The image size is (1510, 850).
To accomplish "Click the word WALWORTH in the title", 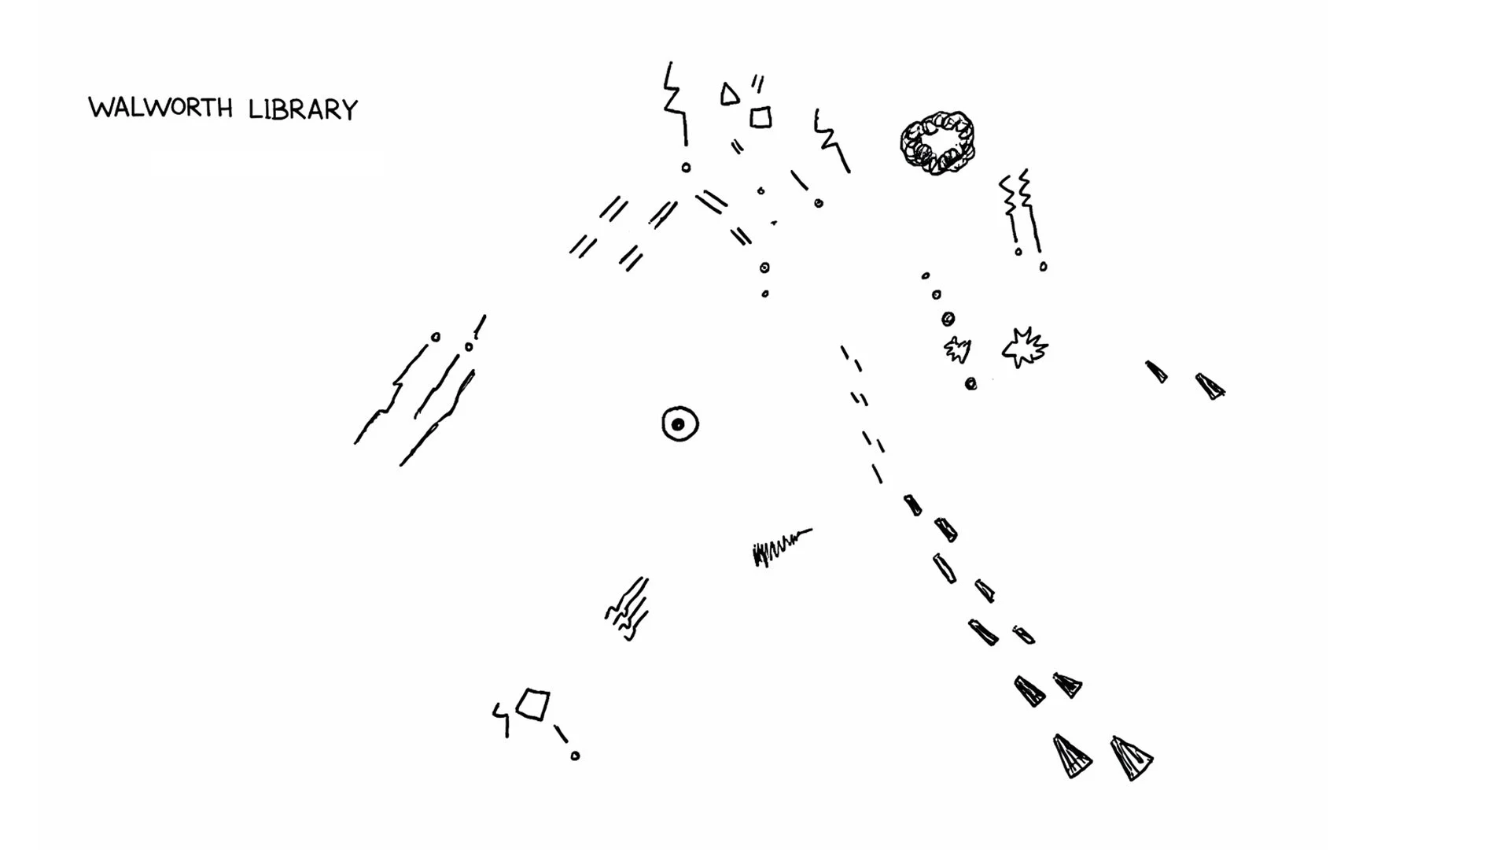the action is pyautogui.click(x=160, y=107).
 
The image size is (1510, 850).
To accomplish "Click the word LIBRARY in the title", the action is pyautogui.click(x=303, y=109).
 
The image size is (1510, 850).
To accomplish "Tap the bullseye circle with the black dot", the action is pyautogui.click(x=679, y=424).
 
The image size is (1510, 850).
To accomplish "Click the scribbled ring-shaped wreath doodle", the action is pyautogui.click(x=937, y=142).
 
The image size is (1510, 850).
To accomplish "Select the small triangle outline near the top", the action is pyautogui.click(x=730, y=94).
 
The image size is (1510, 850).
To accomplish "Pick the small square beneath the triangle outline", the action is pyautogui.click(x=761, y=117).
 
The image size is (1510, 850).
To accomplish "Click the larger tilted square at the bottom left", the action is pyautogui.click(x=533, y=704).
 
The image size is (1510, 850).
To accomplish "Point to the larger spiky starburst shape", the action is pyautogui.click(x=1024, y=347).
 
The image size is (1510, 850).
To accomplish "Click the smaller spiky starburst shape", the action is pyautogui.click(x=957, y=349).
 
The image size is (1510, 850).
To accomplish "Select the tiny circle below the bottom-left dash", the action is pyautogui.click(x=575, y=756).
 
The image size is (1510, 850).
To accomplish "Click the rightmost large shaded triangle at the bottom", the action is pyautogui.click(x=1131, y=758).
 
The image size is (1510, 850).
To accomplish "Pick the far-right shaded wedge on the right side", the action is pyautogui.click(x=1210, y=386).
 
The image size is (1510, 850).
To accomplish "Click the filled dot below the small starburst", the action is pyautogui.click(x=971, y=384).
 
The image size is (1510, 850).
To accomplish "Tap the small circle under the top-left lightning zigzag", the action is pyautogui.click(x=686, y=168).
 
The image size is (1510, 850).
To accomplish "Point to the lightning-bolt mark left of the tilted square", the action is pyautogui.click(x=501, y=718).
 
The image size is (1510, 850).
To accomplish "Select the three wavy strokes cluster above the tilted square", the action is pyautogui.click(x=628, y=610).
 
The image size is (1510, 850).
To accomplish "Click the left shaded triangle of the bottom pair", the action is pyautogui.click(x=1071, y=756).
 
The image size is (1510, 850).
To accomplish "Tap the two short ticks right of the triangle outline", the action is pyautogui.click(x=757, y=83).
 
